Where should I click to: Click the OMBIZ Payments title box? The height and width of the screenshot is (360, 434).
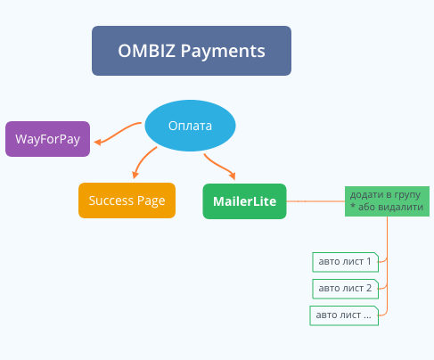[192, 51]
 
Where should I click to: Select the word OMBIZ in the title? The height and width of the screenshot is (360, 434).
[146, 51]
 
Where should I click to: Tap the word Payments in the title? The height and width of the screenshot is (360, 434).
[223, 52]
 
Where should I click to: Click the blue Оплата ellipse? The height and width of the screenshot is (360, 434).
[190, 126]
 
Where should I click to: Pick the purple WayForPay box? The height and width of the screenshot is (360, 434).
[47, 139]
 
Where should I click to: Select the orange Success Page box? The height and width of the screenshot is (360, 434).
[127, 200]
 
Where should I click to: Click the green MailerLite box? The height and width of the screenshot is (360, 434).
[244, 201]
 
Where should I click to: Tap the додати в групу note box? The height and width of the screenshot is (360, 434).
[387, 201]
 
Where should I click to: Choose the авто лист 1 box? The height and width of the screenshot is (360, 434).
[345, 262]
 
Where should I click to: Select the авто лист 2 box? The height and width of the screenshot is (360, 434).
[345, 289]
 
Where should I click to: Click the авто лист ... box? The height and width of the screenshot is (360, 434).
[344, 315]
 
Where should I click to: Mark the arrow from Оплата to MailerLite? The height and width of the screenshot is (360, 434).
[220, 167]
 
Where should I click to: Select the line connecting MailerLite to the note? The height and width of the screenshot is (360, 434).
[315, 201]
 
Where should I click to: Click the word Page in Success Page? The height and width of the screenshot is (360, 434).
[151, 201]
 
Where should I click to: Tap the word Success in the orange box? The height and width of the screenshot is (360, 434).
[111, 200]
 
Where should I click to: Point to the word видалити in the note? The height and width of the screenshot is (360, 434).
[390, 207]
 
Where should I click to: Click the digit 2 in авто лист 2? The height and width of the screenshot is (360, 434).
[369, 288]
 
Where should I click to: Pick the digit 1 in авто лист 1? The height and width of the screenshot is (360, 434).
[369, 261]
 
